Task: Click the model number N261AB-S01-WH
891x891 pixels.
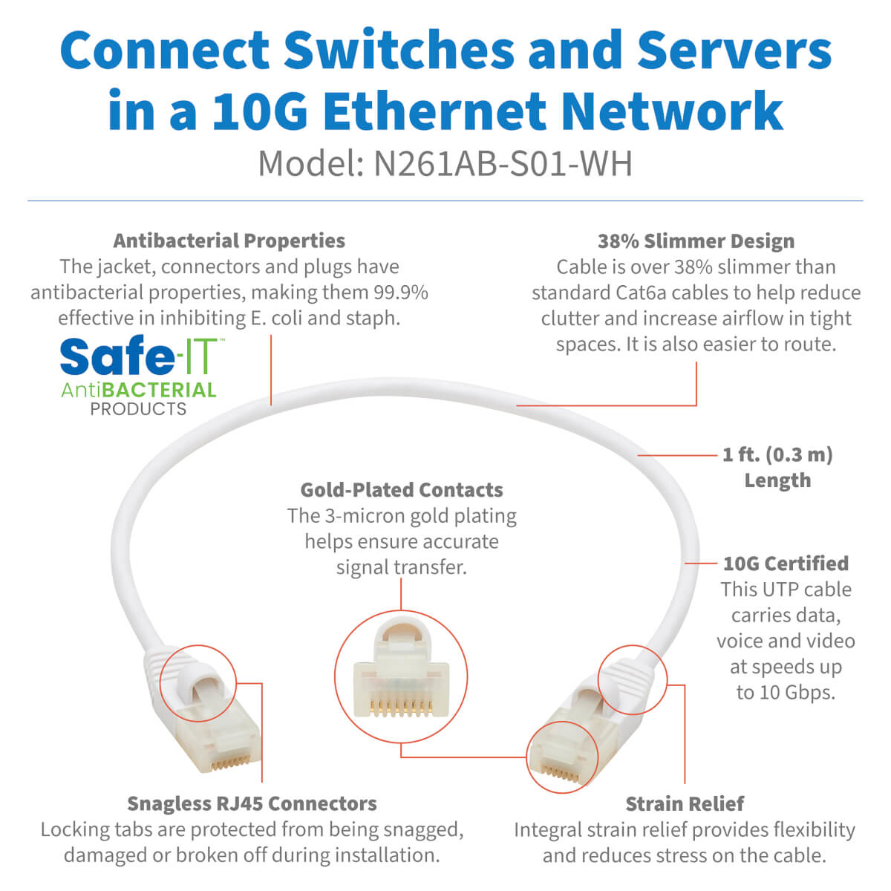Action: click(x=502, y=163)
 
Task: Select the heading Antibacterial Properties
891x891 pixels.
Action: click(x=229, y=241)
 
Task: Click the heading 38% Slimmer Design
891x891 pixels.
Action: click(x=696, y=241)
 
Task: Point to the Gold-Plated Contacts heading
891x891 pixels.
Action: click(x=401, y=490)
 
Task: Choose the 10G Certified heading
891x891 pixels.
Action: click(x=786, y=564)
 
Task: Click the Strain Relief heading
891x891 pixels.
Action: click(x=684, y=803)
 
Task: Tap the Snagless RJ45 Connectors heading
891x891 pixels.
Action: click(x=252, y=803)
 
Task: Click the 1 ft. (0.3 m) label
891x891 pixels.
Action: click(x=777, y=454)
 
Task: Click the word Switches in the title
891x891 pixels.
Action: click(x=399, y=50)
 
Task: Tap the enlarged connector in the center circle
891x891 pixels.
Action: click(x=401, y=676)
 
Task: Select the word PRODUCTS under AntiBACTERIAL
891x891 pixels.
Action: click(x=138, y=409)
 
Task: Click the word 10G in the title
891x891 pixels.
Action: click(x=258, y=111)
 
